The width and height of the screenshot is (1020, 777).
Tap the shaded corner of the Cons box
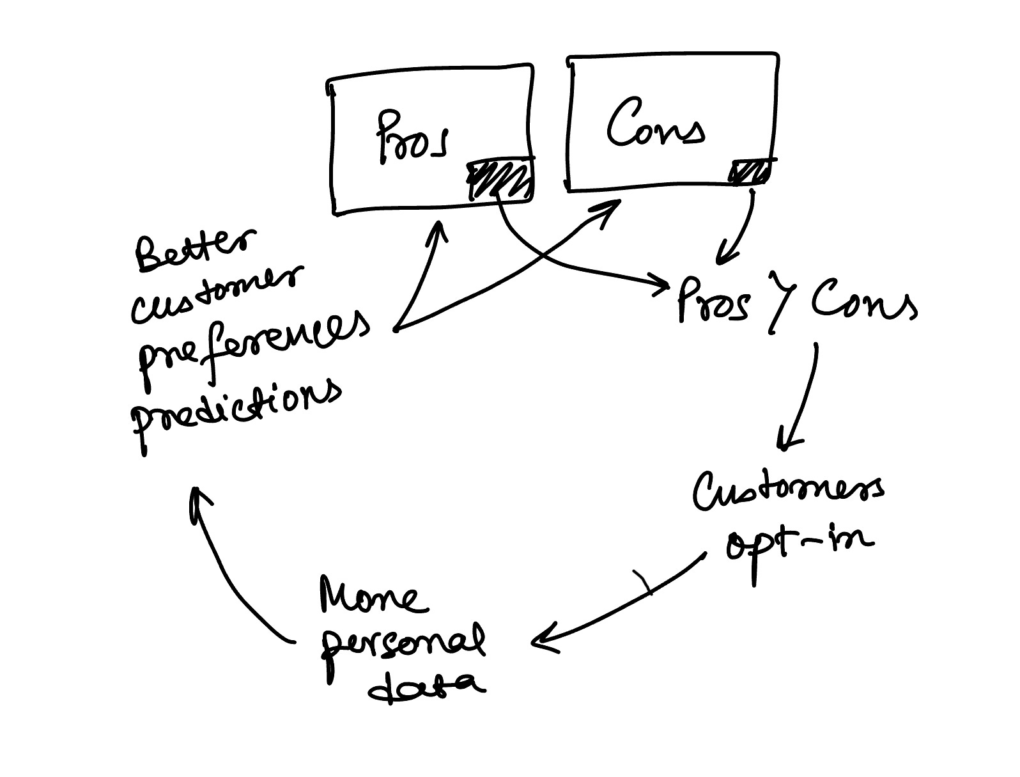pos(751,171)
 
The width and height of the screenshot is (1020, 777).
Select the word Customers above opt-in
pos(789,491)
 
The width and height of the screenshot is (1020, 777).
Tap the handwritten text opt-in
pos(799,544)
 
